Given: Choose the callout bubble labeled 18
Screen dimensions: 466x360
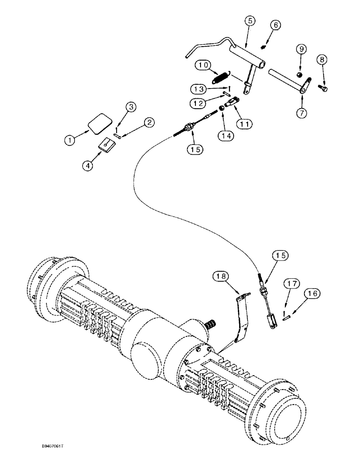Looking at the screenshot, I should coord(222,276).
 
